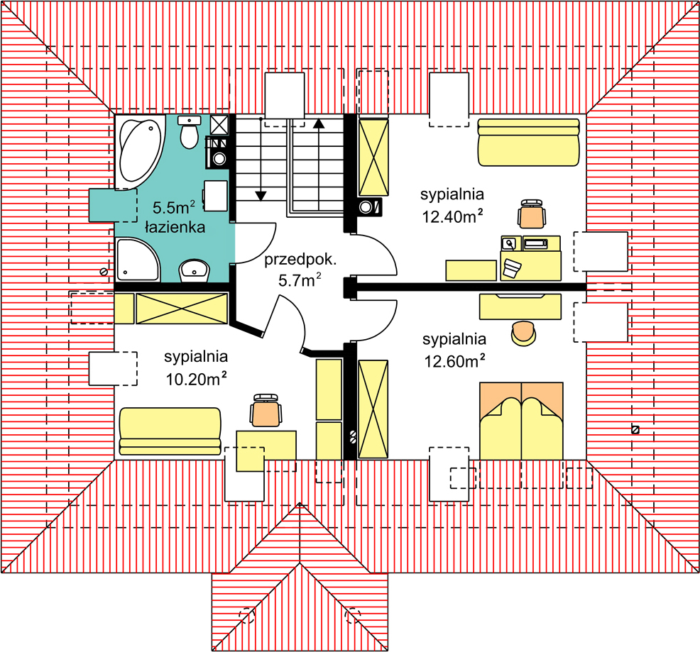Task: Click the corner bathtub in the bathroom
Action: click(139, 152)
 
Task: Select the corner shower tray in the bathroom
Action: click(137, 260)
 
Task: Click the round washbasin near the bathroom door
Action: click(195, 271)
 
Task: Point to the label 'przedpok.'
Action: click(300, 260)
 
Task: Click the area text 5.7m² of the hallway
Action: click(300, 280)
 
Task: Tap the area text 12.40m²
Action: click(452, 216)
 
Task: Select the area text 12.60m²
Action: click(454, 360)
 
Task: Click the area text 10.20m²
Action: click(196, 378)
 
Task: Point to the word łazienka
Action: click(175, 227)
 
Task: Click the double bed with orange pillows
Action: click(521, 421)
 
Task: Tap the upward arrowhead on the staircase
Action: click(318, 123)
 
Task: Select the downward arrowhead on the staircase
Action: click(261, 196)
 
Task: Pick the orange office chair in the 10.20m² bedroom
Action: click(266, 410)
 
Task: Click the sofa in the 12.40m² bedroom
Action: click(529, 142)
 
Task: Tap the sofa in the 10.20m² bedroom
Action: click(170, 431)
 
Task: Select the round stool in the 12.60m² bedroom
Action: click(524, 333)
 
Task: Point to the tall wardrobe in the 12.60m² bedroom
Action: click(373, 409)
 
